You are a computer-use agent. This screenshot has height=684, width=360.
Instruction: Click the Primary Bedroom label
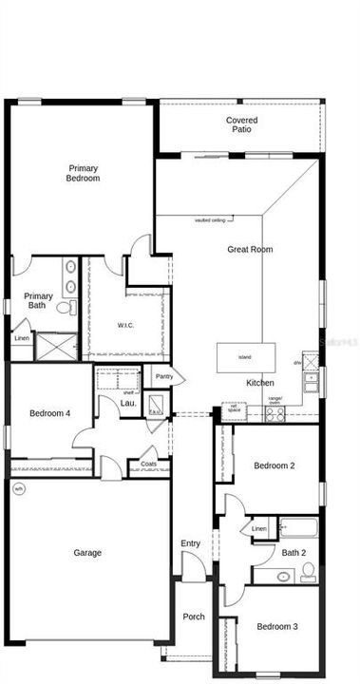[83, 173]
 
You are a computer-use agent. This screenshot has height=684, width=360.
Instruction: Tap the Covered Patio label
[241, 124]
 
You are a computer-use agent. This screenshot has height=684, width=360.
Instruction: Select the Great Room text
[250, 250]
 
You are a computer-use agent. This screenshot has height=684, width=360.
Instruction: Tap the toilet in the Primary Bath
[65, 307]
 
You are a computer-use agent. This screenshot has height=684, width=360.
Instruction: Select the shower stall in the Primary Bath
[55, 345]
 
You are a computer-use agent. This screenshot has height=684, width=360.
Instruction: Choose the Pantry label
[164, 377]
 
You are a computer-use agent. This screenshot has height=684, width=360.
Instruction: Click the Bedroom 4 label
[49, 413]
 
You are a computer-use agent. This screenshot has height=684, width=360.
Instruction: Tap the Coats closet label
[148, 465]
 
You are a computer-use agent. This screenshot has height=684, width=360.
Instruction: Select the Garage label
[87, 553]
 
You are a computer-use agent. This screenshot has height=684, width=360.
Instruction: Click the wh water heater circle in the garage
[18, 489]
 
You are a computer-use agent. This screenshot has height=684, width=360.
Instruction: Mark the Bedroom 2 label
[275, 465]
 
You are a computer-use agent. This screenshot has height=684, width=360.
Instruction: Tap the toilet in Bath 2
[308, 573]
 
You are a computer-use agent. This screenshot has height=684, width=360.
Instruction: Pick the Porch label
[193, 617]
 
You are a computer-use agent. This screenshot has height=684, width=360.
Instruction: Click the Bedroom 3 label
[276, 627]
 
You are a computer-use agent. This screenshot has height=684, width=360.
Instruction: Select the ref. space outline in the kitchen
[233, 410]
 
